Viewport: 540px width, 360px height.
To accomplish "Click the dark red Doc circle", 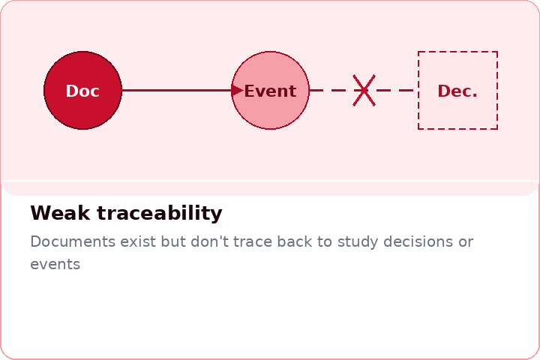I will (82, 91).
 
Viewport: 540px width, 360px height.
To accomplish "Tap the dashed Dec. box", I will (457, 91).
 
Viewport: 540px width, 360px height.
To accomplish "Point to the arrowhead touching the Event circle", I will (238, 91).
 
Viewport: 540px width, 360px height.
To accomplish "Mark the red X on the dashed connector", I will (364, 91).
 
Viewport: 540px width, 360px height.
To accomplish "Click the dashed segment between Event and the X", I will (330, 91).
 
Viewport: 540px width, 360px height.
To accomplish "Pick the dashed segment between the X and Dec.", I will (394, 91).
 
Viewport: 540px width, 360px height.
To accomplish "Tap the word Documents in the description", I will (73, 242).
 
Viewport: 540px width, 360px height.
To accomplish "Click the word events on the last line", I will (55, 265).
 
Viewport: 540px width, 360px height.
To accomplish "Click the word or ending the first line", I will (466, 242).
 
